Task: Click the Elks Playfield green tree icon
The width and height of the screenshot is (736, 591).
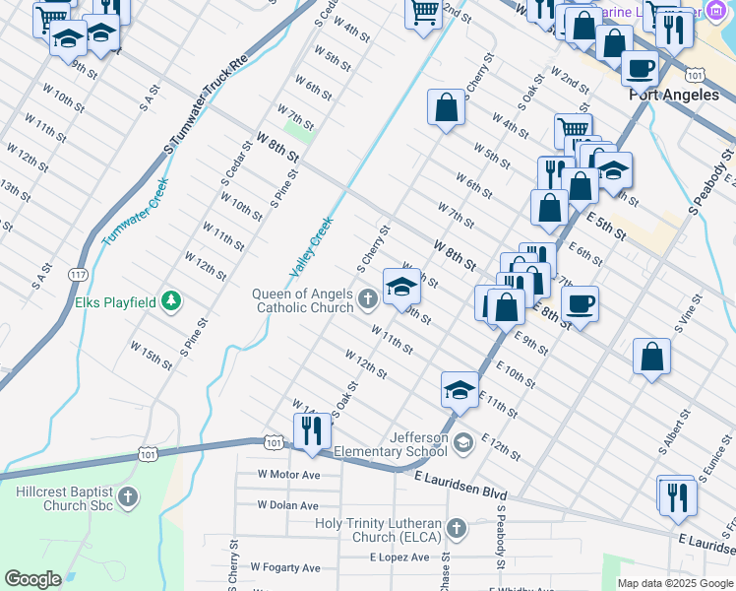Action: click(x=172, y=301)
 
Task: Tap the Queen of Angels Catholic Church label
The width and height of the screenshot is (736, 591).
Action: click(x=303, y=300)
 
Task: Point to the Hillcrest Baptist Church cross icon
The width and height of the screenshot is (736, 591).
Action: click(x=128, y=497)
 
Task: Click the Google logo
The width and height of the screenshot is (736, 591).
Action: click(x=32, y=579)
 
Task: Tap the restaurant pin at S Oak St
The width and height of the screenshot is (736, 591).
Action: click(x=312, y=430)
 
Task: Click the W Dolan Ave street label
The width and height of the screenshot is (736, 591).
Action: click(x=287, y=504)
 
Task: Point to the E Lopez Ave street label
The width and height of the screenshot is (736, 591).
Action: click(x=399, y=558)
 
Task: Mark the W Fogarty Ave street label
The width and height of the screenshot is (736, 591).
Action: click(x=284, y=567)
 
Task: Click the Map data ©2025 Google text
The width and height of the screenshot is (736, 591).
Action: click(x=675, y=583)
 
